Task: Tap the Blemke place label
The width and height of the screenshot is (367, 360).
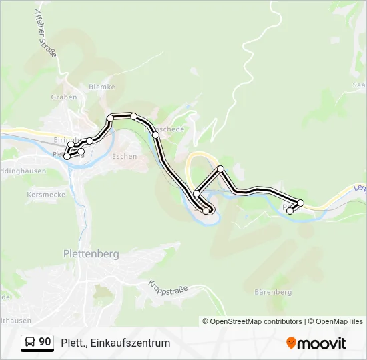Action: [x=102, y=87]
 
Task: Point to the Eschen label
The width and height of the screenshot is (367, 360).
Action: [x=125, y=157]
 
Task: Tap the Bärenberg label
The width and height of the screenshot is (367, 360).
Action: [x=273, y=292]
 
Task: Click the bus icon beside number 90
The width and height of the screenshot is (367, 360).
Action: [x=31, y=342]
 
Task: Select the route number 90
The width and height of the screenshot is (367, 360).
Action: [x=45, y=342]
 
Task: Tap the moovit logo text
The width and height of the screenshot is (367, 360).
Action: [x=322, y=343]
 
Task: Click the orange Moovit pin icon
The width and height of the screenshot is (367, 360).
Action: [x=291, y=343]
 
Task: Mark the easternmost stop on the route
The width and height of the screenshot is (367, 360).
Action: [x=301, y=203]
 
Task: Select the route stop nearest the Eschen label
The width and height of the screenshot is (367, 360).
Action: [x=110, y=119]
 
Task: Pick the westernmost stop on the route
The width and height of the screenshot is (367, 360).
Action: [x=67, y=157]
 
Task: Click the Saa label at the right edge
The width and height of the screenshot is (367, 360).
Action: [x=359, y=85]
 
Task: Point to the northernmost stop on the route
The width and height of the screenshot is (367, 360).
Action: [x=133, y=117]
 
